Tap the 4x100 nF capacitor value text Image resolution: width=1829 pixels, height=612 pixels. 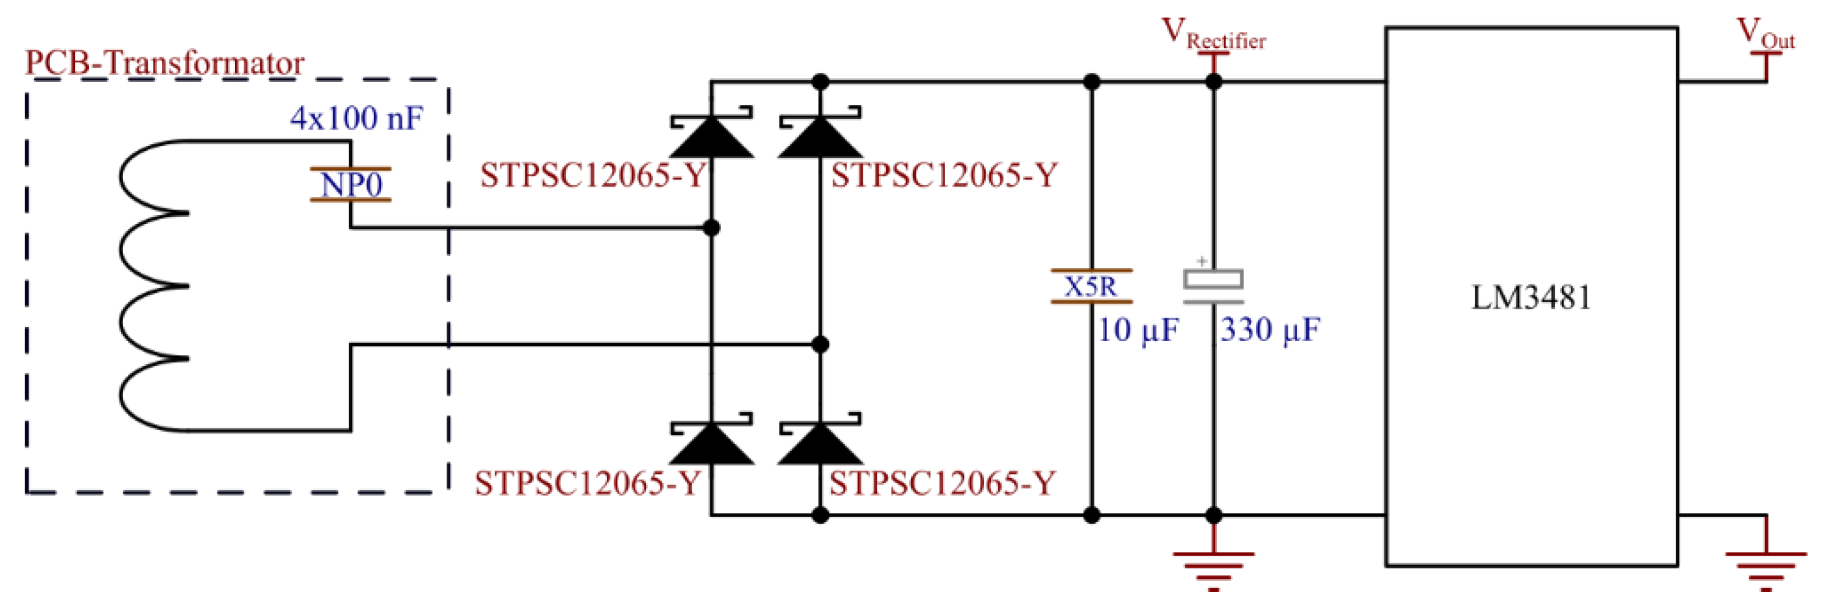(x=356, y=118)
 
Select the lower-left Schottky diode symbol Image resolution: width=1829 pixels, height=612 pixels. (x=711, y=443)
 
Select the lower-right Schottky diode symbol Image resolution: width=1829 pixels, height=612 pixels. (x=820, y=443)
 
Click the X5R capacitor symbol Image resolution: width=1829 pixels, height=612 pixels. (x=1091, y=286)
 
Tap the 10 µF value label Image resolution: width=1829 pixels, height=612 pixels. (x=1138, y=330)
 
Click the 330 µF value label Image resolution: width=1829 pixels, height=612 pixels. (x=1270, y=330)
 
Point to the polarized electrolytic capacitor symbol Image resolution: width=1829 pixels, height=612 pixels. (x=1214, y=284)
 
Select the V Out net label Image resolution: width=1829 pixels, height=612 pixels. (x=1765, y=36)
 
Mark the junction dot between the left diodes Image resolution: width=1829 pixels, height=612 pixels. (x=711, y=228)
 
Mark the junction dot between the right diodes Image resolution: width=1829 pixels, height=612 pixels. (x=820, y=345)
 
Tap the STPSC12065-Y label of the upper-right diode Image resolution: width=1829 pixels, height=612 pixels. (x=944, y=175)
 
